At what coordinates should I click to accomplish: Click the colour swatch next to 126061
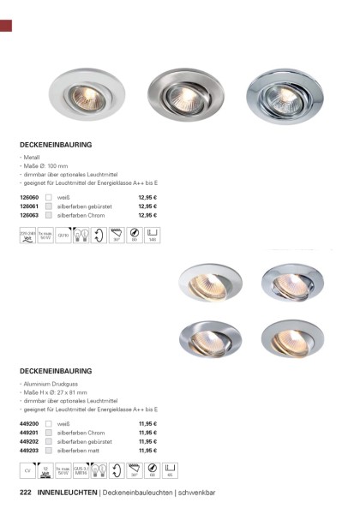50,207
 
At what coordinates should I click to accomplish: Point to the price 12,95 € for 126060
147,198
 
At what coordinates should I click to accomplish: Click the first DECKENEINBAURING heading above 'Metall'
56,146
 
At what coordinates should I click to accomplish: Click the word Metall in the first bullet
32,160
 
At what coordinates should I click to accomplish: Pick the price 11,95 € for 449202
147,441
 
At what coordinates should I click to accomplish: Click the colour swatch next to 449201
50,433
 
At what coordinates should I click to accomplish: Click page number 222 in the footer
26,493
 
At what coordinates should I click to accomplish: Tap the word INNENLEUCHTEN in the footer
67,493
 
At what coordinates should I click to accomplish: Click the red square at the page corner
6,24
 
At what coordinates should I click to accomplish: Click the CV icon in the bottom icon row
27,470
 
